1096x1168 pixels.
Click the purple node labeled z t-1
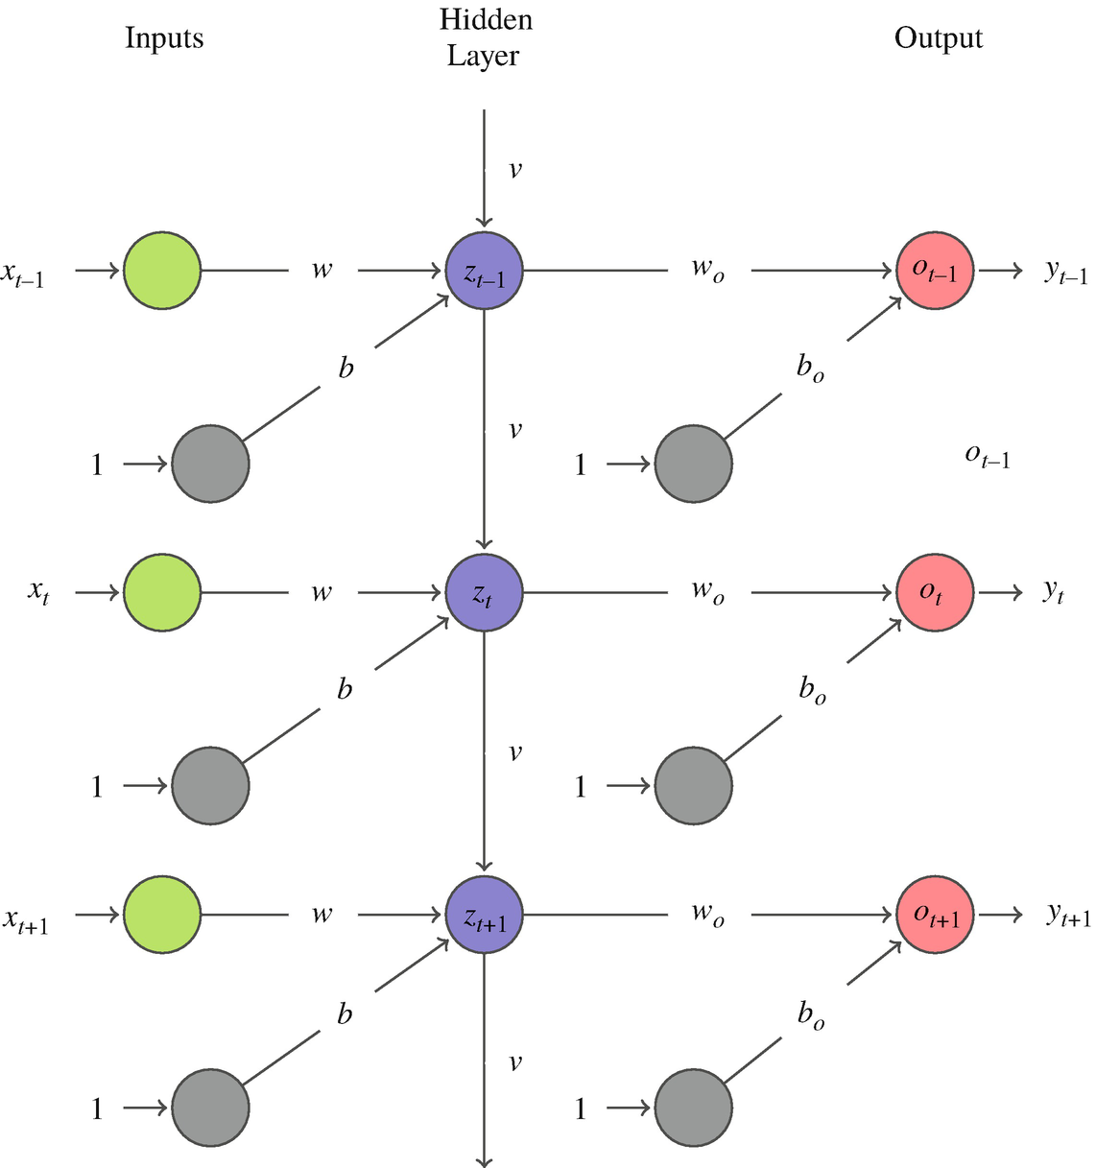click(x=485, y=271)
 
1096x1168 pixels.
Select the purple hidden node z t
click(x=485, y=593)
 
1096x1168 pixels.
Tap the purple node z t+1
click(x=485, y=916)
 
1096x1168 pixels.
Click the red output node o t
click(x=935, y=593)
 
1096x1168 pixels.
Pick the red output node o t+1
click(x=935, y=916)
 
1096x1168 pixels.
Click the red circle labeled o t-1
click(x=935, y=271)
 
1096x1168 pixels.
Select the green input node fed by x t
click(x=162, y=593)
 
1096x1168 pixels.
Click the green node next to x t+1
click(x=162, y=916)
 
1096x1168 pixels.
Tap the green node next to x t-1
click(x=162, y=271)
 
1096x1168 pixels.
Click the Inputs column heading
click(x=164, y=38)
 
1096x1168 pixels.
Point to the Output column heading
click(x=938, y=38)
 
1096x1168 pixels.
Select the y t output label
click(x=1054, y=593)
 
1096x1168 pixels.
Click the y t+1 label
click(x=1067, y=917)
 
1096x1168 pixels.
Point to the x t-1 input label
click(x=23, y=275)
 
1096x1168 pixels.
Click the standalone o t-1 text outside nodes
click(x=987, y=456)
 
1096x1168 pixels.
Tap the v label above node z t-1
click(x=515, y=170)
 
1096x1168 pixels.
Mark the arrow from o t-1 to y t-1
click(x=1001, y=271)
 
